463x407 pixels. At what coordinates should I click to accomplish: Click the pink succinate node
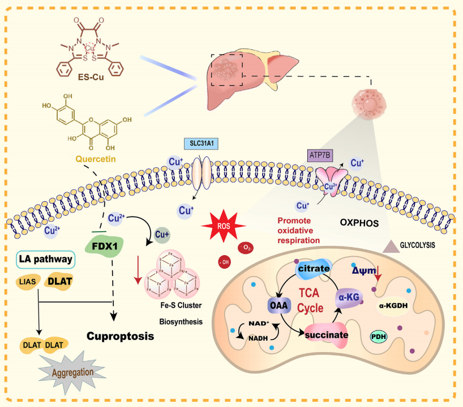(326, 334)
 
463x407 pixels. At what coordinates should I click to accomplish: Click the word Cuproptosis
(121, 336)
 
